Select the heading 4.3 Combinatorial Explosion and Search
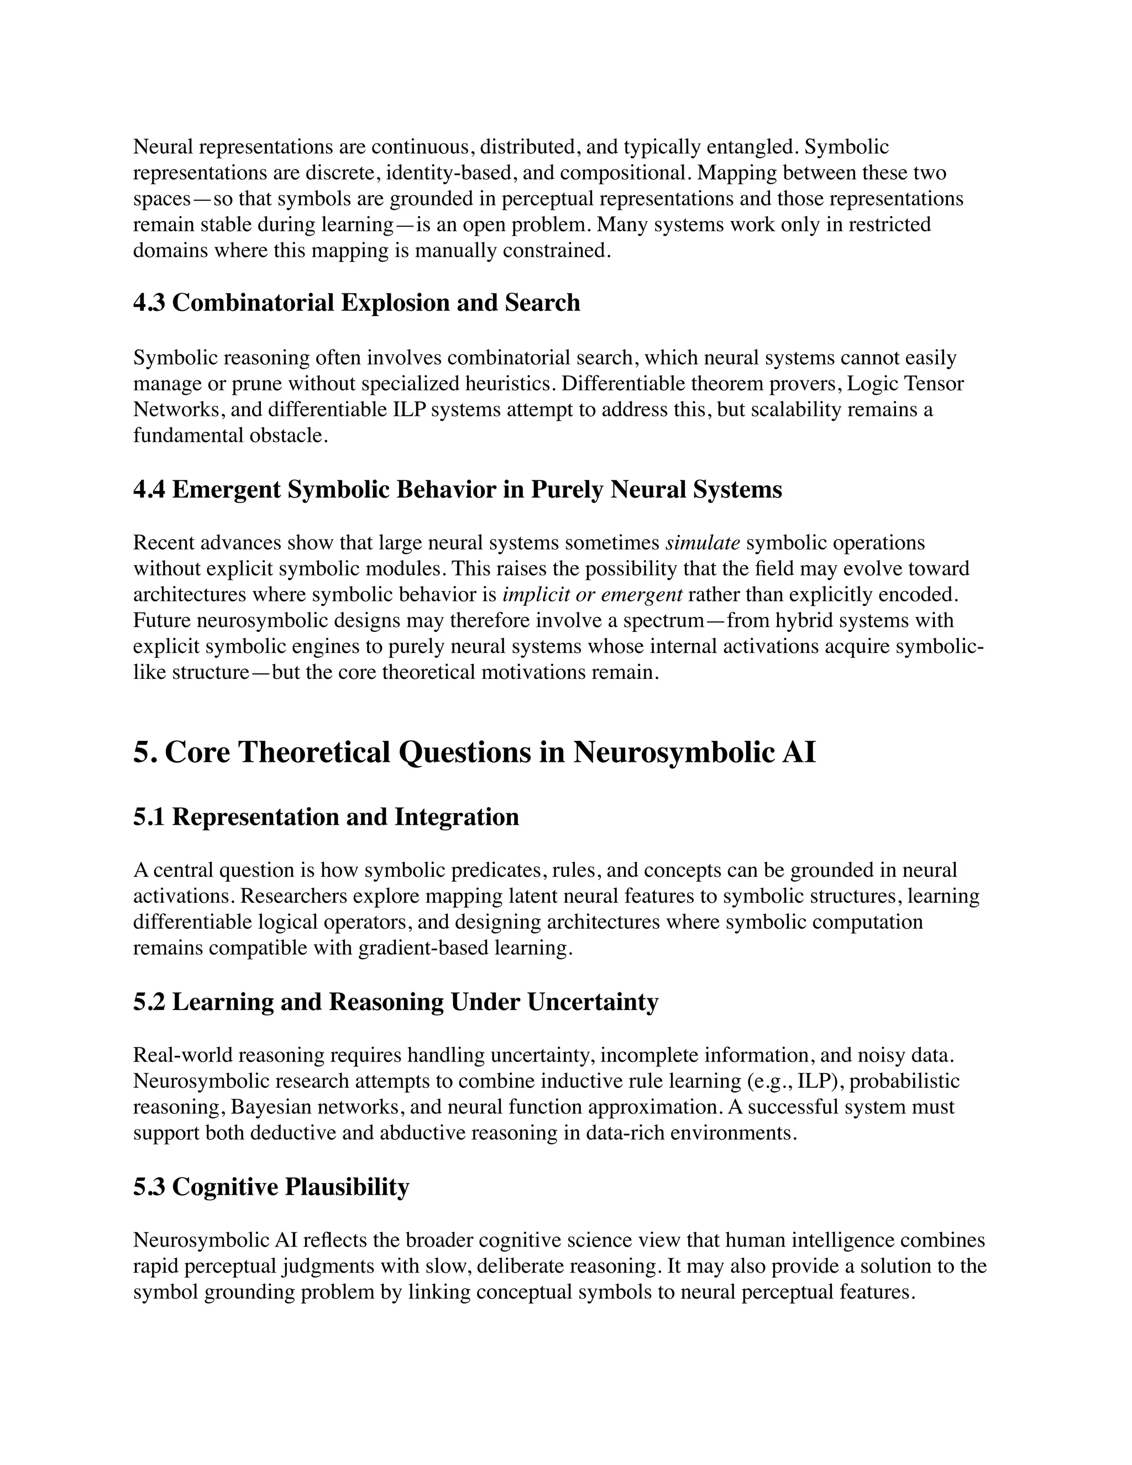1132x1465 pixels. click(356, 302)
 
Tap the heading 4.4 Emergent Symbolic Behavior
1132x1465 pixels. click(457, 490)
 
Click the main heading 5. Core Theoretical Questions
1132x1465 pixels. click(474, 752)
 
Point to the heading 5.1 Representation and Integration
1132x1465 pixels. click(326, 817)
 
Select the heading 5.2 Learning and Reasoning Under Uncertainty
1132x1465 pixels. click(396, 1002)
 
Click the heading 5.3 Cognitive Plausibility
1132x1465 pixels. click(271, 1187)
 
